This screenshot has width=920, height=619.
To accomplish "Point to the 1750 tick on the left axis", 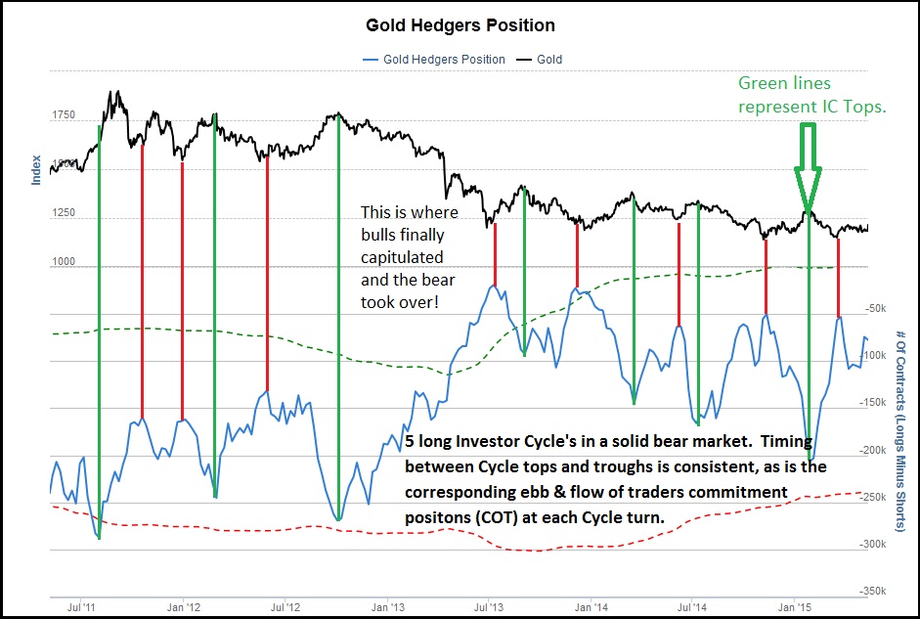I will click(x=63, y=116).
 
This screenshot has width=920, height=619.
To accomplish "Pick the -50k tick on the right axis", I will click(x=876, y=308).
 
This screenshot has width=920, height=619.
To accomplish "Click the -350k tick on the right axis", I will click(x=873, y=592).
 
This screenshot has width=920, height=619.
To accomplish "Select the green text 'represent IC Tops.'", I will click(x=811, y=108).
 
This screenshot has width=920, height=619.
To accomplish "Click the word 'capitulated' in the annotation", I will click(x=402, y=257).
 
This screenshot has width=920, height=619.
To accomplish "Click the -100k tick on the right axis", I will click(x=873, y=356).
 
